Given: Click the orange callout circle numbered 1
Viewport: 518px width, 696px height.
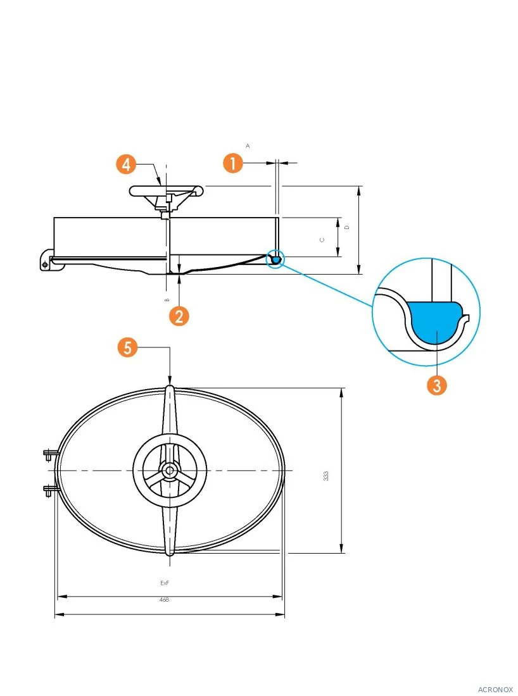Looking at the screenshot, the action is [233, 163].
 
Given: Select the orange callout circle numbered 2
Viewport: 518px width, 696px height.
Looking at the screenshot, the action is [179, 316].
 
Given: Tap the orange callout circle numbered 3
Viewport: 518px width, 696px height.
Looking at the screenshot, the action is [437, 385].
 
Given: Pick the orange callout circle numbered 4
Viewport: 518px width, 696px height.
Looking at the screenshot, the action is [126, 165].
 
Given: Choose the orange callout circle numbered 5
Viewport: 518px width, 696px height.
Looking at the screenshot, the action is [127, 347].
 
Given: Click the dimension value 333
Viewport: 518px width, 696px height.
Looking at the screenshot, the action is [326, 476].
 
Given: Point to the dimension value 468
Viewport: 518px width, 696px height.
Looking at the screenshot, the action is [164, 599].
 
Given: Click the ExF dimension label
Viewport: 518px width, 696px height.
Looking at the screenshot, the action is [165, 583].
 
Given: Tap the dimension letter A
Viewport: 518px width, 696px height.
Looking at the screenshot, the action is [248, 146].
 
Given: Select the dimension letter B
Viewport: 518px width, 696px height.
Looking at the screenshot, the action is [167, 300].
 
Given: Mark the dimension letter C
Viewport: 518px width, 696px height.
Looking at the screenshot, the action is [322, 240].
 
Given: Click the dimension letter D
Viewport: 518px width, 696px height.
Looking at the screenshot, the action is [347, 227].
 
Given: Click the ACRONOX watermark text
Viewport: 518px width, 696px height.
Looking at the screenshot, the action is [495, 689].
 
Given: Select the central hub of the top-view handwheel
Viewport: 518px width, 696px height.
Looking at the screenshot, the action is [169, 470].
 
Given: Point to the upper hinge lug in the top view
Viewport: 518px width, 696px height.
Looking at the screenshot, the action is [51, 454].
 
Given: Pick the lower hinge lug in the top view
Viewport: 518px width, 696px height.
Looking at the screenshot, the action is [51, 490].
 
